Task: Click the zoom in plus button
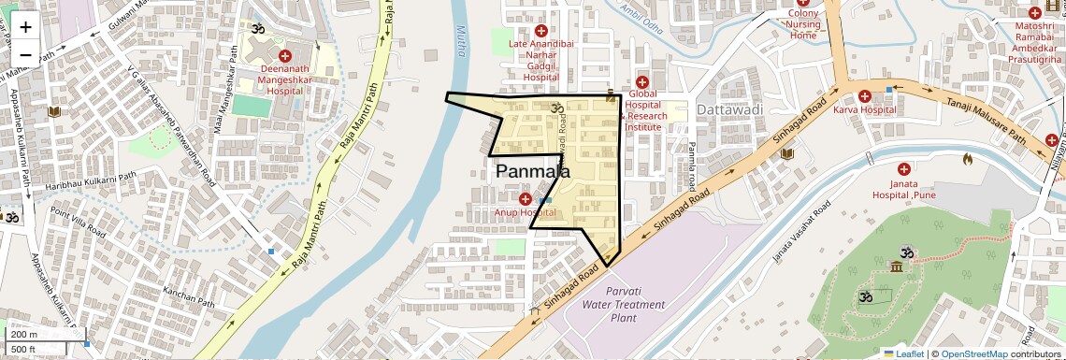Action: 25,27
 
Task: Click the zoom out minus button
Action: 25,55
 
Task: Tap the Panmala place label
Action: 532,171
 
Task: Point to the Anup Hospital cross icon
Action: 525,199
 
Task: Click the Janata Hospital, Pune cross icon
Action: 903,169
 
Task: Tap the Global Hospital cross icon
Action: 642,81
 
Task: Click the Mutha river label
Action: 459,37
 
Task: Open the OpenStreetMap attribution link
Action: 973,354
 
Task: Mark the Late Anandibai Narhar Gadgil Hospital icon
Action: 540,31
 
